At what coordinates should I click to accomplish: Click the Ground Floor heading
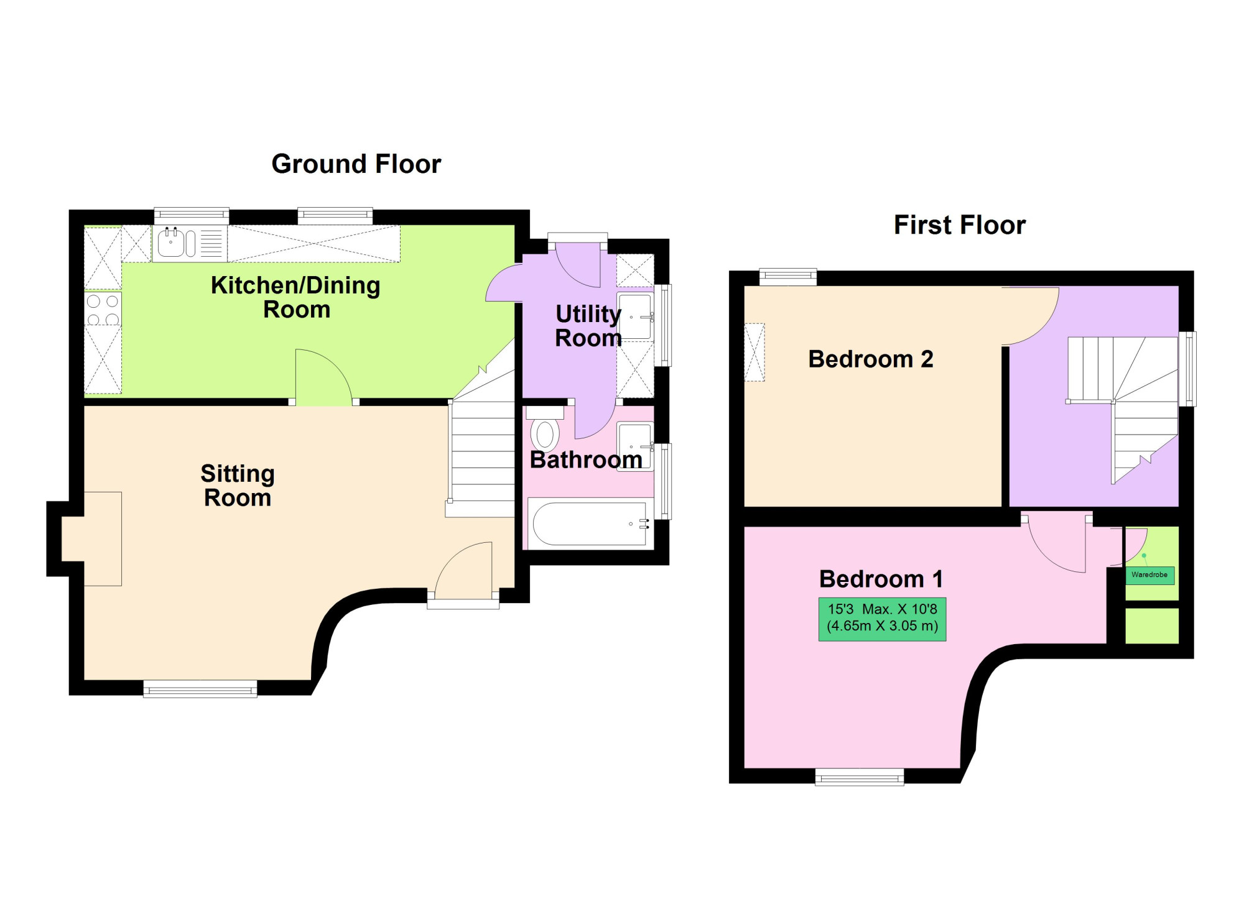point(356,164)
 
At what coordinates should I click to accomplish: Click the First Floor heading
point(960,225)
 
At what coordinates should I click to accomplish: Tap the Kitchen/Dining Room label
point(296,297)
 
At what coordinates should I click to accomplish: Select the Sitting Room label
point(238,486)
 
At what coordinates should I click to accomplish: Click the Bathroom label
point(586,460)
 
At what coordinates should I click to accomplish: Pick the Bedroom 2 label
point(871,359)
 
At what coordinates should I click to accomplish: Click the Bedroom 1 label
point(881,579)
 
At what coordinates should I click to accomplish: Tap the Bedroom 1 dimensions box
point(882,619)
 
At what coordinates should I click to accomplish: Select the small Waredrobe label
point(1149,575)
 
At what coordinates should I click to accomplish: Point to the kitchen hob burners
point(103,310)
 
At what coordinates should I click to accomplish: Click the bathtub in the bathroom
point(590,524)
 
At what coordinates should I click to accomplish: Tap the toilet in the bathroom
point(545,429)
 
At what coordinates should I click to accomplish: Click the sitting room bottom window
point(200,688)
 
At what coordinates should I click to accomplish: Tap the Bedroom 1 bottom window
point(860,777)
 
